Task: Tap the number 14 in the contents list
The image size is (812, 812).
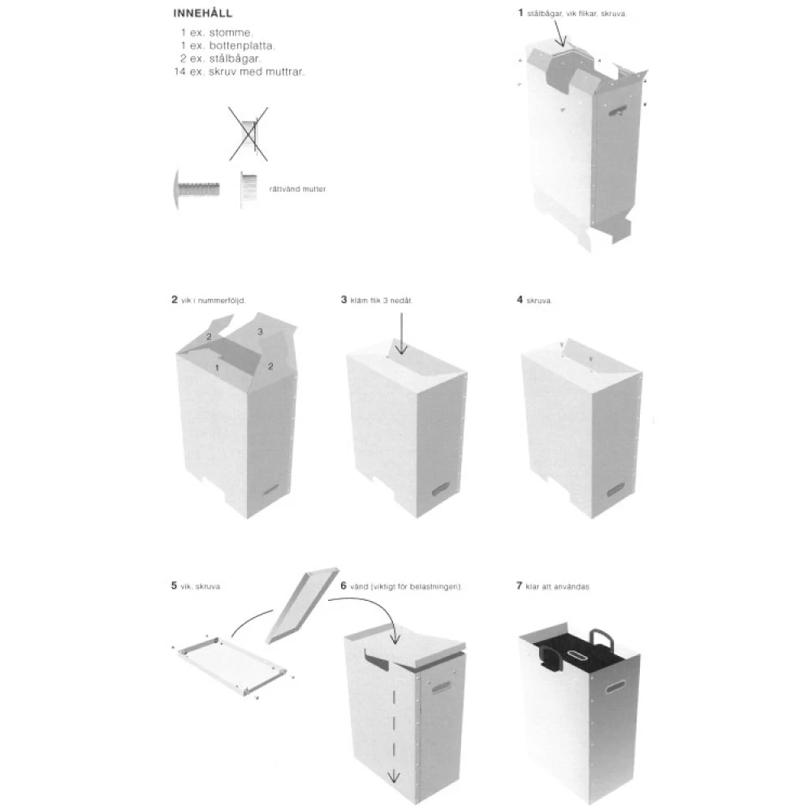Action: (x=179, y=71)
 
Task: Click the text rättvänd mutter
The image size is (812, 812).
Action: (x=297, y=188)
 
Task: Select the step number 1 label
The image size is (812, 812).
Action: (x=520, y=13)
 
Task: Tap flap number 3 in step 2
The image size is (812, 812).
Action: (x=259, y=331)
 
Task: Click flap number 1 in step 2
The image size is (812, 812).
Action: (x=217, y=368)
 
